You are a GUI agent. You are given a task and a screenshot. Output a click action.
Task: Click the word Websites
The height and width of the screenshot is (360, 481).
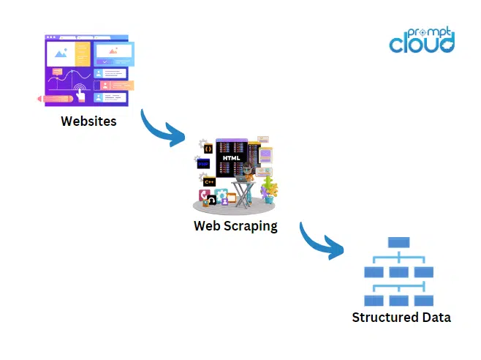point(88,121)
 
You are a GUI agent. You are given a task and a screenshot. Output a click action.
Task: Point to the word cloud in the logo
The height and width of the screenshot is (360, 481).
point(421,42)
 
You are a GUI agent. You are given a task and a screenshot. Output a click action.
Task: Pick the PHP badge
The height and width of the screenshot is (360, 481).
point(204,164)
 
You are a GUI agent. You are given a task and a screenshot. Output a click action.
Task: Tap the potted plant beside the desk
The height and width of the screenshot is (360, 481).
point(270,189)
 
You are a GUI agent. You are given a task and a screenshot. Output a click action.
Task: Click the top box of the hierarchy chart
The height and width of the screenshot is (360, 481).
point(399,242)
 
